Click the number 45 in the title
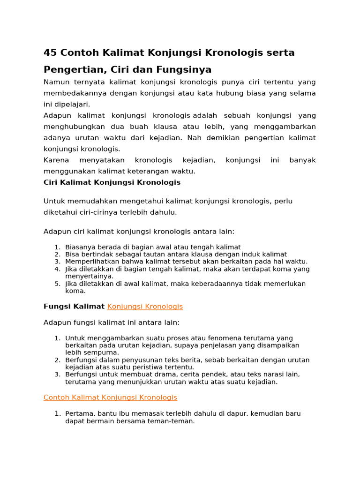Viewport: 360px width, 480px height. coord(50,52)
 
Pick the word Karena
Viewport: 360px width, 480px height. coord(56,160)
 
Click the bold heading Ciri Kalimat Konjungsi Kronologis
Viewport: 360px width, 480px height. coord(112,182)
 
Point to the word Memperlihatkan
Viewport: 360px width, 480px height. coord(90,262)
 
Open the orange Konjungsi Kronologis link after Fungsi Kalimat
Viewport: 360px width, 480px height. coord(145,307)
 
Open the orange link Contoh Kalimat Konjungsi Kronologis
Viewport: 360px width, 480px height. coord(110,397)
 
